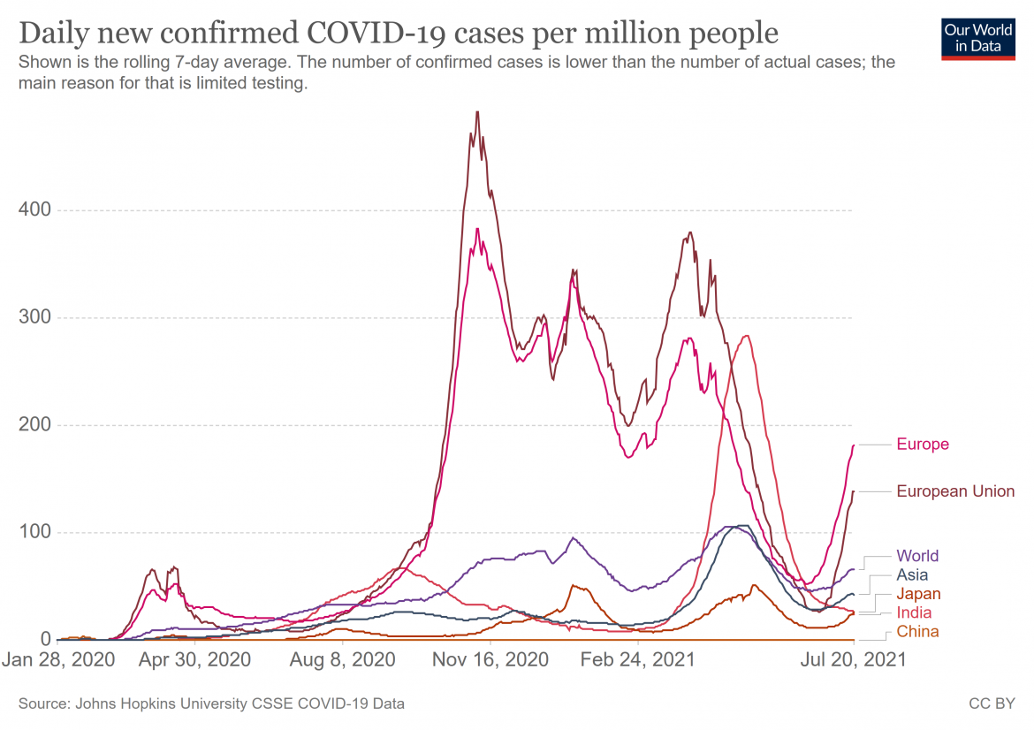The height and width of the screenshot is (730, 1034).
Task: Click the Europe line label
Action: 922,444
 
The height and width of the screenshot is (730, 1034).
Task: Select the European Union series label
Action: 955,491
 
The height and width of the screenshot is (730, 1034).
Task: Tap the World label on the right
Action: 917,556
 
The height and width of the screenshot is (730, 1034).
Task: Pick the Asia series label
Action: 913,575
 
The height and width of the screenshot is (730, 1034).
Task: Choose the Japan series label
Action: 918,594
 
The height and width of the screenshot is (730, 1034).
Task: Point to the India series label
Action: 914,612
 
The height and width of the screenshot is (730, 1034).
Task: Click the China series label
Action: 917,631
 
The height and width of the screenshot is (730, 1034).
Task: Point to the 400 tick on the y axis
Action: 34,210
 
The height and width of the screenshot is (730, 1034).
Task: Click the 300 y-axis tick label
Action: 34,317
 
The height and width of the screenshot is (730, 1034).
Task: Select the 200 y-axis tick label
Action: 34,425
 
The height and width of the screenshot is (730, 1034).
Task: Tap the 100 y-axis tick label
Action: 34,532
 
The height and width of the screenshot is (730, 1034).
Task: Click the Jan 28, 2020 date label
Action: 57,660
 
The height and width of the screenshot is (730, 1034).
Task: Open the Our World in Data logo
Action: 978,37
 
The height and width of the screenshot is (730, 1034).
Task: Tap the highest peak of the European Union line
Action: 477,112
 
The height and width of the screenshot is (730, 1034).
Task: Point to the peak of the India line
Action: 748,335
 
